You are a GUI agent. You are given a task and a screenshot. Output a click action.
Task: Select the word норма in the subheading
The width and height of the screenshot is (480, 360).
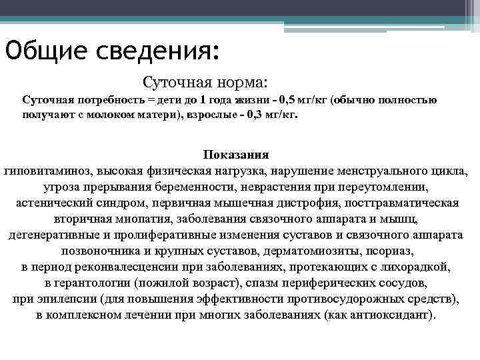pyautogui.click(x=241, y=83)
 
